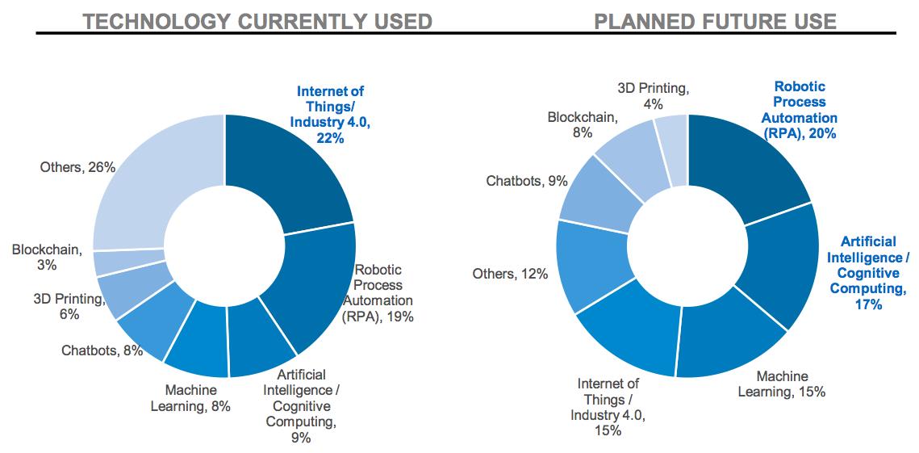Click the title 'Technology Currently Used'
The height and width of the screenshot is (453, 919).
pyautogui.click(x=257, y=20)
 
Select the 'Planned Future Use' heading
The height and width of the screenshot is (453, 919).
pyautogui.click(x=715, y=20)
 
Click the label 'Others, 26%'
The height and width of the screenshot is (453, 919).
pyautogui.click(x=77, y=167)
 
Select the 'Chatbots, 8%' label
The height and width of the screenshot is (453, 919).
pyautogui.click(x=102, y=350)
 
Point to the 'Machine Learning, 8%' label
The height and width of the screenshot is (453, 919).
pyautogui.click(x=190, y=398)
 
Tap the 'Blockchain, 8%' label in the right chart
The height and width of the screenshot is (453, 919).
pyautogui.click(x=582, y=125)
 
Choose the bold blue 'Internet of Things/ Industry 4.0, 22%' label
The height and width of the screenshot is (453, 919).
pyautogui.click(x=331, y=115)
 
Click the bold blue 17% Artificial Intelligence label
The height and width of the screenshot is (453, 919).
pyautogui.click(x=867, y=273)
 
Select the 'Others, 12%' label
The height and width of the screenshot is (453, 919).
pyautogui.click(x=510, y=274)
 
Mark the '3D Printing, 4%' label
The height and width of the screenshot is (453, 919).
pyautogui.click(x=654, y=95)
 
